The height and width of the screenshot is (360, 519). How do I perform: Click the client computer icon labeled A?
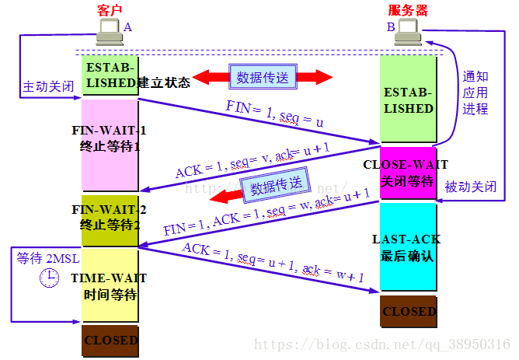[x=108, y=31]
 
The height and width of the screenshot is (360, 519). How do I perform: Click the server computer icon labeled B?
[x=407, y=31]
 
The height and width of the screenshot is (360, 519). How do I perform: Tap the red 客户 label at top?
[x=110, y=9]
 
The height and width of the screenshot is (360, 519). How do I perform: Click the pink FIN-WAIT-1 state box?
[x=110, y=144]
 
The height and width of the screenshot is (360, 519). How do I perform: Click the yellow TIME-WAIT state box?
[x=110, y=285]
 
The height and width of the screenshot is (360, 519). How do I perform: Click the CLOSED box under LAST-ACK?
[x=408, y=311]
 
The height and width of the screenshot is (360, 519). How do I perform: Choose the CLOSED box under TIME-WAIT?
[x=110, y=340]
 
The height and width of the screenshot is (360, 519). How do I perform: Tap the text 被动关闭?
[x=472, y=187]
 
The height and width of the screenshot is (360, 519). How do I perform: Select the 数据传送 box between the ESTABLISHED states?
[x=262, y=76]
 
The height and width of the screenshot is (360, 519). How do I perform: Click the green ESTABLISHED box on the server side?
[x=408, y=100]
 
